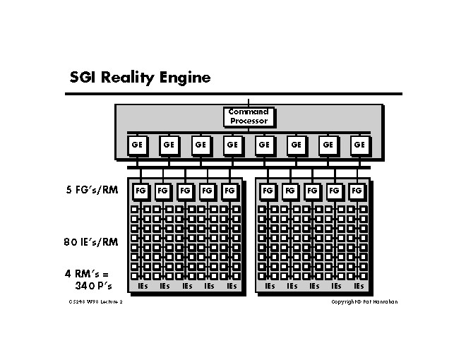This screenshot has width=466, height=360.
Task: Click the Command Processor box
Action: [249, 116]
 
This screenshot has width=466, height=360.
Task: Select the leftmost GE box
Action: [136, 145]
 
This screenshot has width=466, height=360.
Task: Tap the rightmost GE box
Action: [360, 145]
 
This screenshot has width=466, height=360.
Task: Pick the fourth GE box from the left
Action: [232, 145]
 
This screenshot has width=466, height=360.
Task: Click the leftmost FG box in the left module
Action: [141, 191]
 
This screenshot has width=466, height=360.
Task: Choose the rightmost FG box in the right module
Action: [357, 191]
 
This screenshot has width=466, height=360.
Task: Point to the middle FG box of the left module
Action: [185, 191]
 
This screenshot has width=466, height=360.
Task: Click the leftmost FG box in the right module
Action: [268, 191]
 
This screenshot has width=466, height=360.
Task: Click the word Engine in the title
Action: [185, 77]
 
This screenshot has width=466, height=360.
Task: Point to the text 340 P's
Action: [94, 286]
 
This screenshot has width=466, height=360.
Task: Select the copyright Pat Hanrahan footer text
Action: [365, 302]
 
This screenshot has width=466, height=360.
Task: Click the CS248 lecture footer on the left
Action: [92, 302]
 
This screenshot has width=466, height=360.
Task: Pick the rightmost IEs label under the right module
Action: [359, 287]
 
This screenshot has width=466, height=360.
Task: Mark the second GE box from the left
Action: [168, 145]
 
